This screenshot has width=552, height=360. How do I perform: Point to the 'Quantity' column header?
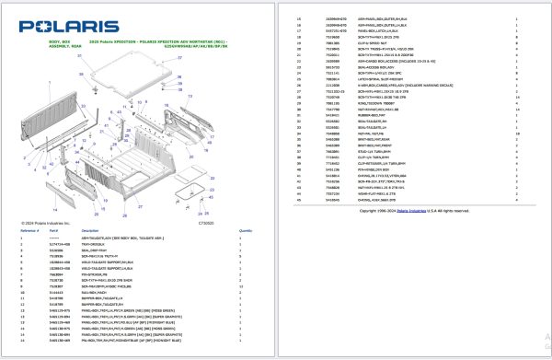pos(246,231)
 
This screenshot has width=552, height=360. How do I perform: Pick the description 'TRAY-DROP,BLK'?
pos(121,244)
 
